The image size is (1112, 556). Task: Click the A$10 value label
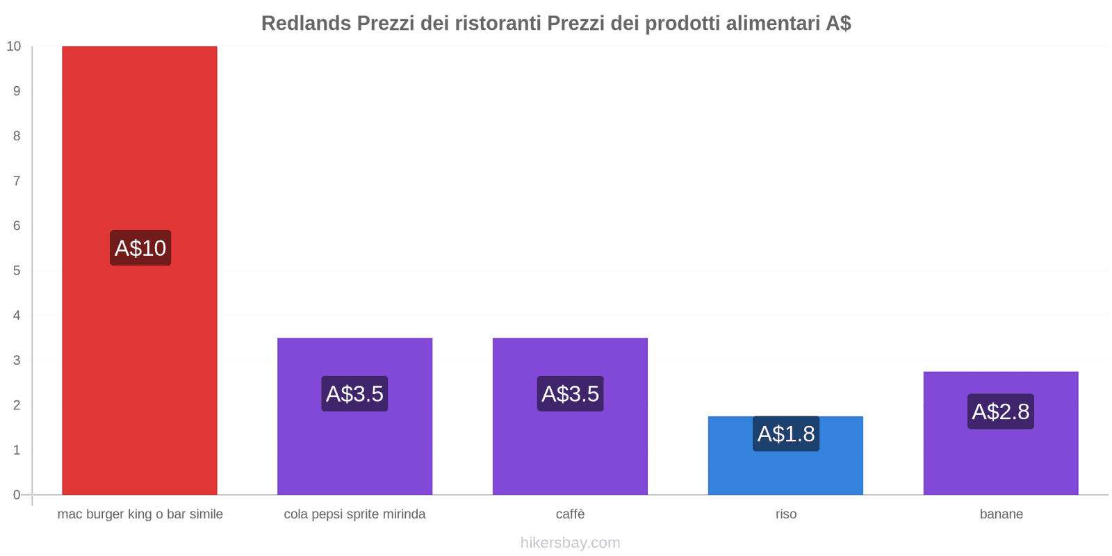(140, 248)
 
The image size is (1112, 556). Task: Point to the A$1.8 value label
(786, 434)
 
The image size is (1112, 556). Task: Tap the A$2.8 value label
(1001, 411)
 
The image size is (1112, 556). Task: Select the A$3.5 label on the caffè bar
(570, 394)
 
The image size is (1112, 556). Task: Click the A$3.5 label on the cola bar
(354, 394)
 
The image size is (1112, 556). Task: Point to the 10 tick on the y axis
(14, 47)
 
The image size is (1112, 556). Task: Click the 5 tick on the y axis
(17, 270)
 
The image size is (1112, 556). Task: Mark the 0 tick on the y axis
(17, 495)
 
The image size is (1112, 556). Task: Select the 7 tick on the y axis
(17, 181)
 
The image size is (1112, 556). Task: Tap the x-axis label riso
(786, 514)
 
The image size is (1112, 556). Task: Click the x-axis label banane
(1001, 514)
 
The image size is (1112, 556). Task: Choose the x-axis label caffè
(570, 514)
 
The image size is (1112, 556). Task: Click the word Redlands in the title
(306, 24)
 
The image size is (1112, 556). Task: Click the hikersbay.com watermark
(570, 543)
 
